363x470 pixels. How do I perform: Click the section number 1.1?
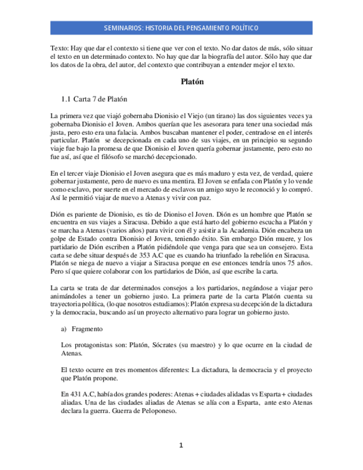[x=66, y=99]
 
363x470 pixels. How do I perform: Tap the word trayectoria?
[x=66, y=305]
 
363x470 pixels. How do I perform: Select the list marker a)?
[x=64, y=329]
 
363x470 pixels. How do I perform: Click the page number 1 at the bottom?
[x=181, y=445]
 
